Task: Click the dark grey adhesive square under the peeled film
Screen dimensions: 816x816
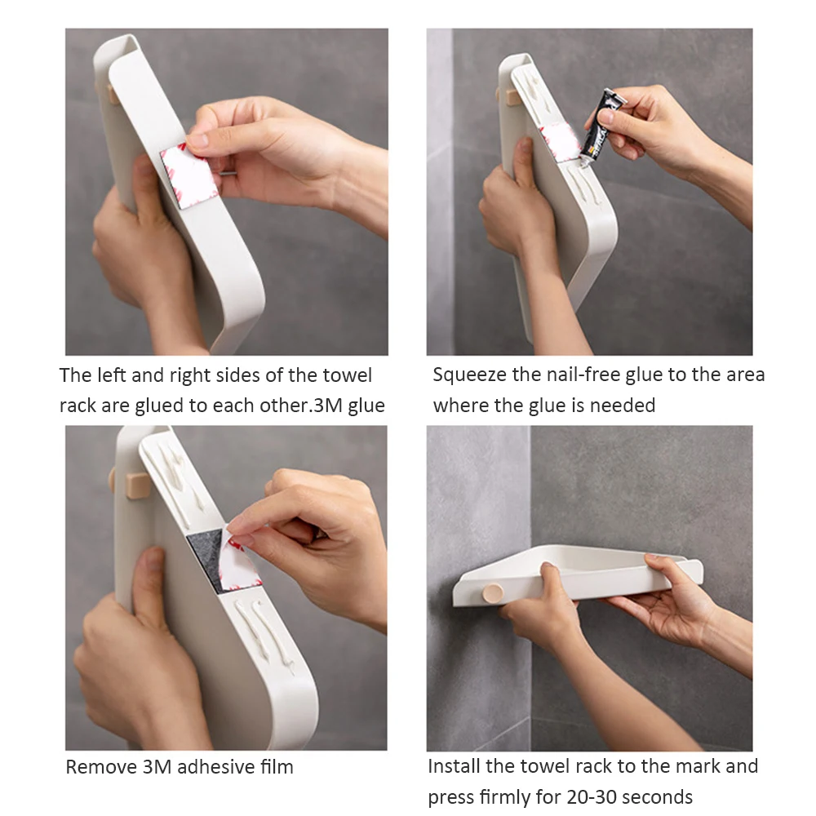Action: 206,560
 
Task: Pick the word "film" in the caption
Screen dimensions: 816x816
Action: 279,767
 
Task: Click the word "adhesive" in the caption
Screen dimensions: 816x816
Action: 217,767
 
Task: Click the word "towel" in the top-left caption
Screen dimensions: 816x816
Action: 347,375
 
